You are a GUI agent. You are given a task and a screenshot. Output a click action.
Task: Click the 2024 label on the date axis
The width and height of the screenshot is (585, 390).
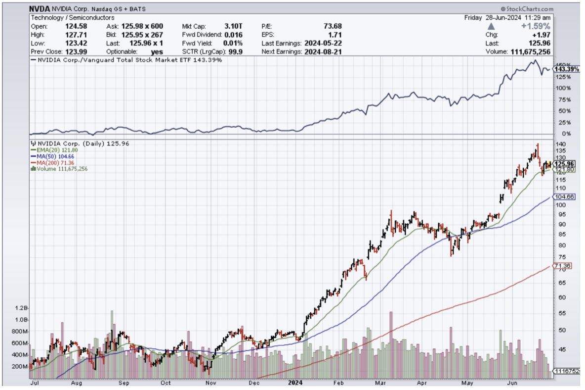[295, 382]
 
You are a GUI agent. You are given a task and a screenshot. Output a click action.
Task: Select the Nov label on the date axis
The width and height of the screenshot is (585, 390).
[211, 382]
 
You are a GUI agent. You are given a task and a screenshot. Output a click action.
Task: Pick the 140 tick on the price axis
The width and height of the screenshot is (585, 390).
[560, 144]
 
